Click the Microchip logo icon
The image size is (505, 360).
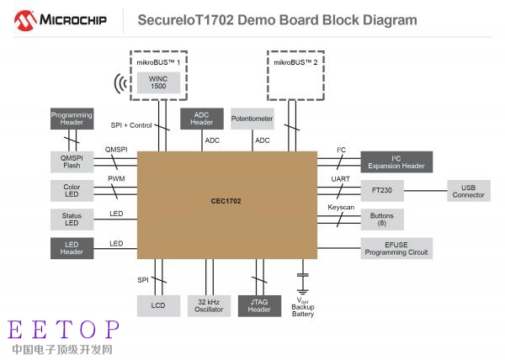(25, 20)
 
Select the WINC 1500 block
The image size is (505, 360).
(158, 82)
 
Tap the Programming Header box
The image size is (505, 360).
(72, 119)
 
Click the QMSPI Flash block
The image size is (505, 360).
(72, 161)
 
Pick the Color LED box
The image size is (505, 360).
(72, 190)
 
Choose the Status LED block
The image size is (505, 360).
(72, 220)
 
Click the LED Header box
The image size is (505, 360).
(72, 248)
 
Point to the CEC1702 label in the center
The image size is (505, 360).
(226, 201)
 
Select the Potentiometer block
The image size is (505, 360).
(252, 119)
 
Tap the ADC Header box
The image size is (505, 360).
(202, 119)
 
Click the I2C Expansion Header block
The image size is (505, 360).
(396, 161)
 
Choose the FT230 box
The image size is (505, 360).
(382, 190)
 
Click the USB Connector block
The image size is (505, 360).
(469, 191)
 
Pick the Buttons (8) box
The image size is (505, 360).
(382, 220)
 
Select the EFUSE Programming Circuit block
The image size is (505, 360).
(396, 248)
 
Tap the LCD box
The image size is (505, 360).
(158, 306)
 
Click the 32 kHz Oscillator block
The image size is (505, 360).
(209, 306)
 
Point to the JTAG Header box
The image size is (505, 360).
(259, 306)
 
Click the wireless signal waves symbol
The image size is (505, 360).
(120, 83)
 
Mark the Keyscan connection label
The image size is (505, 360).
(341, 208)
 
